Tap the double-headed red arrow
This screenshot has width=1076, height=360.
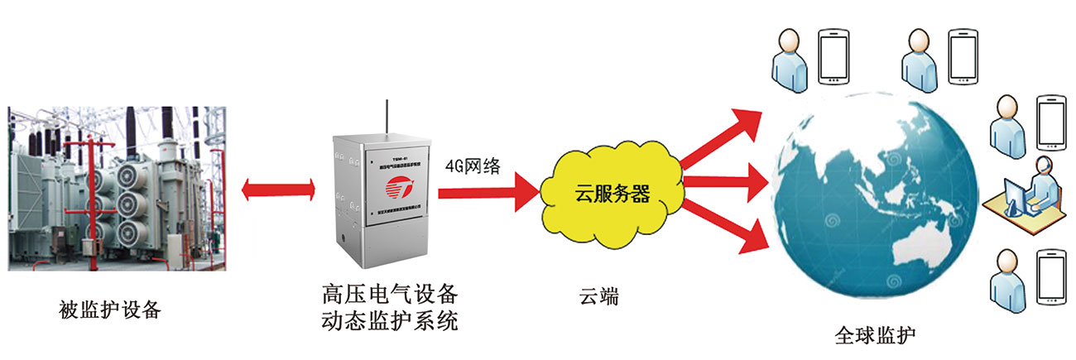(x=278, y=190)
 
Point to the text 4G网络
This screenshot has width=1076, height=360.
(x=473, y=165)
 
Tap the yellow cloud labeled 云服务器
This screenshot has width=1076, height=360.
(x=611, y=195)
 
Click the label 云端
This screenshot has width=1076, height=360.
(x=598, y=295)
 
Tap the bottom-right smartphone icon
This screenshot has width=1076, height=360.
(x=1052, y=279)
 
